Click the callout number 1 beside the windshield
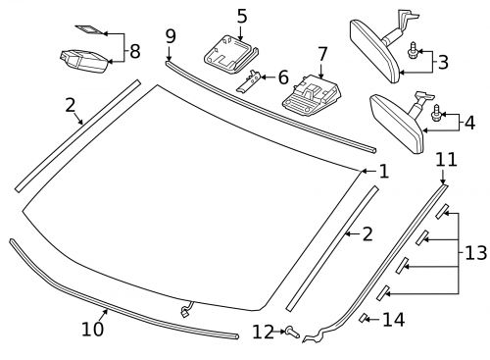[383, 171]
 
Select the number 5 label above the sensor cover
[242, 16]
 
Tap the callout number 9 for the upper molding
[171, 37]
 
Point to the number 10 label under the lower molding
[92, 330]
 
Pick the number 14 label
[393, 319]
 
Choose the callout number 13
[474, 252]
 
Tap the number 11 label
[447, 159]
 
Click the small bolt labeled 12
[291, 332]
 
